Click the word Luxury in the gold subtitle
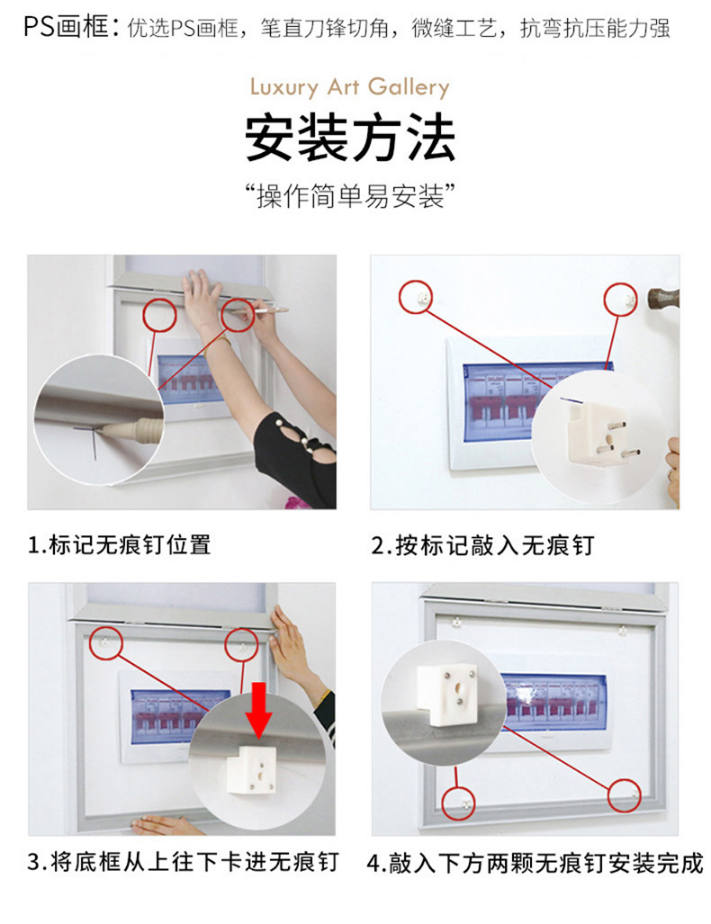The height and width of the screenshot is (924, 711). pyautogui.click(x=284, y=88)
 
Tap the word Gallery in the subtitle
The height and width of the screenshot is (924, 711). pyautogui.click(x=409, y=88)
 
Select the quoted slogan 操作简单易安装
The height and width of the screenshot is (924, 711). pyautogui.click(x=350, y=196)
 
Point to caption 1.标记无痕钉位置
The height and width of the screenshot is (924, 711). pyautogui.click(x=119, y=544)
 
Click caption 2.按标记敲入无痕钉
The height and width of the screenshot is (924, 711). pyautogui.click(x=482, y=545)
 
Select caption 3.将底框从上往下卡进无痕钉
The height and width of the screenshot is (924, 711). pyautogui.click(x=183, y=862)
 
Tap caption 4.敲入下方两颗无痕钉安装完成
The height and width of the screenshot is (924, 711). pyautogui.click(x=535, y=864)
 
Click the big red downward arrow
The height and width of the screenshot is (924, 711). pyautogui.click(x=259, y=710)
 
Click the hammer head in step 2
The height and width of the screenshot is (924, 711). pyautogui.click(x=662, y=298)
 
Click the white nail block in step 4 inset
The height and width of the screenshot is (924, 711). pyautogui.click(x=447, y=695)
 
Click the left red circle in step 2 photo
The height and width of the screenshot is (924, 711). pyautogui.click(x=416, y=296)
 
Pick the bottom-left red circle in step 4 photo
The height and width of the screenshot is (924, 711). pyautogui.click(x=459, y=803)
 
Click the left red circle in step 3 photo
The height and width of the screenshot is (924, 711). pyautogui.click(x=106, y=642)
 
